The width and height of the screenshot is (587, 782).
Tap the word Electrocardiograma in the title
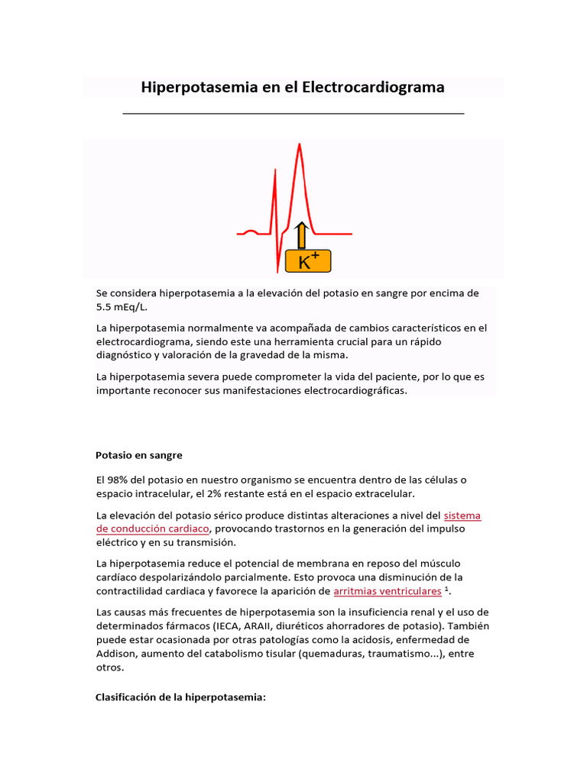pyautogui.click(x=373, y=88)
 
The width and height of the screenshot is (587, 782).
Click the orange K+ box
pyautogui.click(x=308, y=261)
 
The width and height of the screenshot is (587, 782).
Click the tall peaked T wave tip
pyautogui.click(x=300, y=145)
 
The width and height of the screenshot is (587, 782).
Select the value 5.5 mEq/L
pyautogui.click(x=121, y=306)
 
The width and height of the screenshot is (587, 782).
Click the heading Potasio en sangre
pyautogui.click(x=139, y=455)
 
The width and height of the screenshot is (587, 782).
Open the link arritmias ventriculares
pyautogui.click(x=388, y=591)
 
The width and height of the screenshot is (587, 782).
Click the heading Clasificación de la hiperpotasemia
pyautogui.click(x=180, y=697)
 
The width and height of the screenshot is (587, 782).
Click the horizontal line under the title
pyautogui.click(x=293, y=113)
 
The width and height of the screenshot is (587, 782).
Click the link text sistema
pyautogui.click(x=462, y=515)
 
